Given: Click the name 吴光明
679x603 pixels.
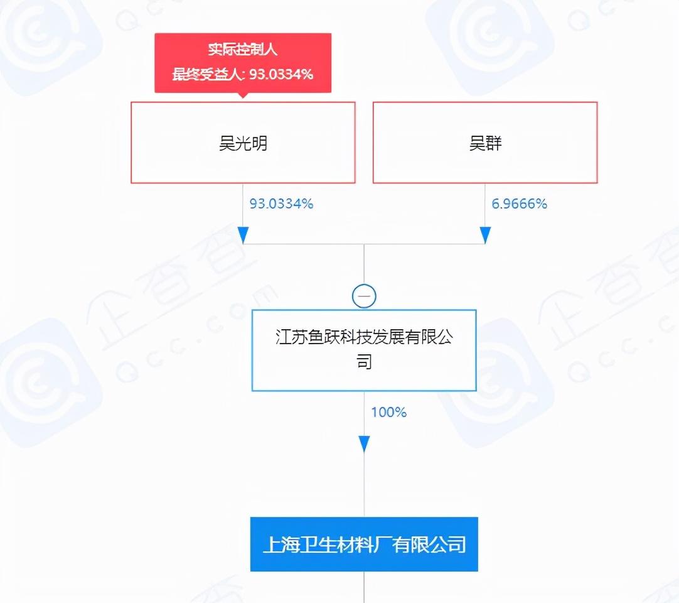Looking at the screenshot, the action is (243, 144).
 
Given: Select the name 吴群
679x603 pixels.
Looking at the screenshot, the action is (485, 144).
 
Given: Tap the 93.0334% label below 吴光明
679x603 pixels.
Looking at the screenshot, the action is (281, 204).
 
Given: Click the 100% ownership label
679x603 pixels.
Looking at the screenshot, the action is (388, 412).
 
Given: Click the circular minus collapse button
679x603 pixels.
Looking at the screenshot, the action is (364, 296).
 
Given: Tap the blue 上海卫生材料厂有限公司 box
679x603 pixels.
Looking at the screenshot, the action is (364, 544).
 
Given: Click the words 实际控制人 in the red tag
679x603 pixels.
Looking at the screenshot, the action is (242, 50).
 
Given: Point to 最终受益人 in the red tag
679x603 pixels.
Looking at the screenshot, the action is (208, 75).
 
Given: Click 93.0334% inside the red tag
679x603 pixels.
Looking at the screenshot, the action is (281, 75).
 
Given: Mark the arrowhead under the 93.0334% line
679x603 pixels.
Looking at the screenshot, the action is (243, 235).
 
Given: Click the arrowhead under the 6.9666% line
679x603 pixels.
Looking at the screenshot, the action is (485, 235).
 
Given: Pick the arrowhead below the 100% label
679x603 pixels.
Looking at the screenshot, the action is (364, 444).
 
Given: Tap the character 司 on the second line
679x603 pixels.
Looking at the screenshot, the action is (364, 362).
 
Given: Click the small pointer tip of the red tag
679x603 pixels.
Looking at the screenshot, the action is (243, 97).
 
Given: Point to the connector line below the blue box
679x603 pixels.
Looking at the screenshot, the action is (364, 587).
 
